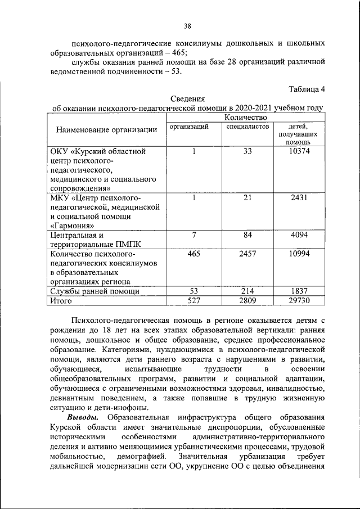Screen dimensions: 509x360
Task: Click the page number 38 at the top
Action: (188, 25)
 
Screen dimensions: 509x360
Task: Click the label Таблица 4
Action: (307, 88)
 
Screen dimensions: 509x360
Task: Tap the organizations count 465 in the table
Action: (193, 254)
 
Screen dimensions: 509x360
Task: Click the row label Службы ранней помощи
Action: (95, 291)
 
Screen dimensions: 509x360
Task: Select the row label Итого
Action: (63, 301)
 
